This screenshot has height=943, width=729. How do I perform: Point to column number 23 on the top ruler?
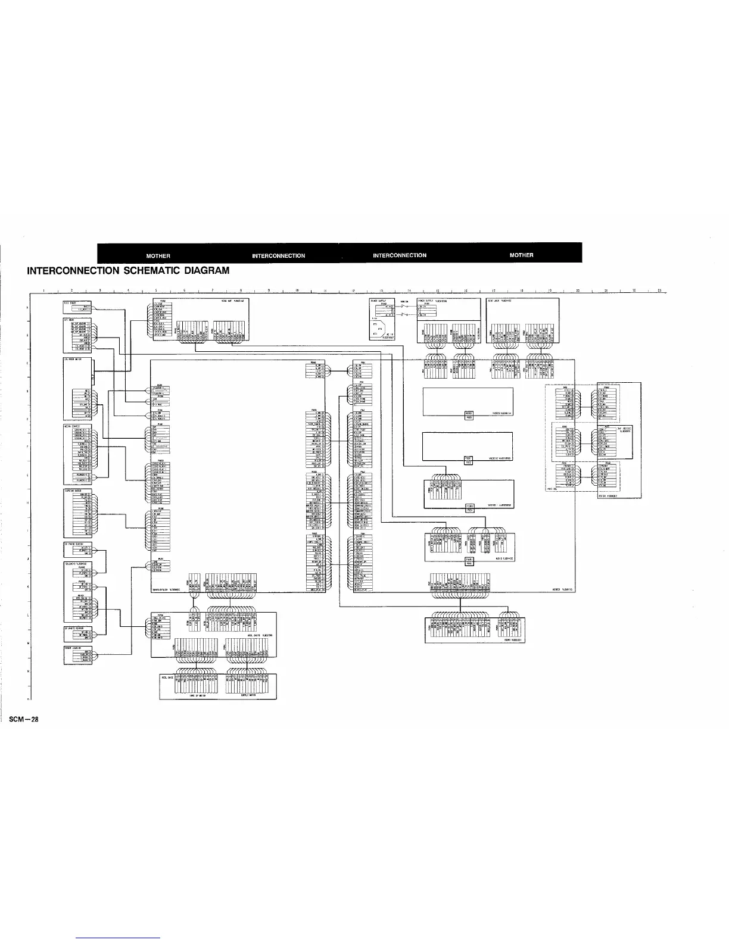point(660,291)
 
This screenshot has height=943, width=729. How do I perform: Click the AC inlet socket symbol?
point(379,328)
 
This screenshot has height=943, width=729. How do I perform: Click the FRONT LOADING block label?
point(72,647)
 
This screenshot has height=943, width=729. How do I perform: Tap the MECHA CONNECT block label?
point(72,426)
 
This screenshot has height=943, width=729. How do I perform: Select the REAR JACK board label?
point(498,301)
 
